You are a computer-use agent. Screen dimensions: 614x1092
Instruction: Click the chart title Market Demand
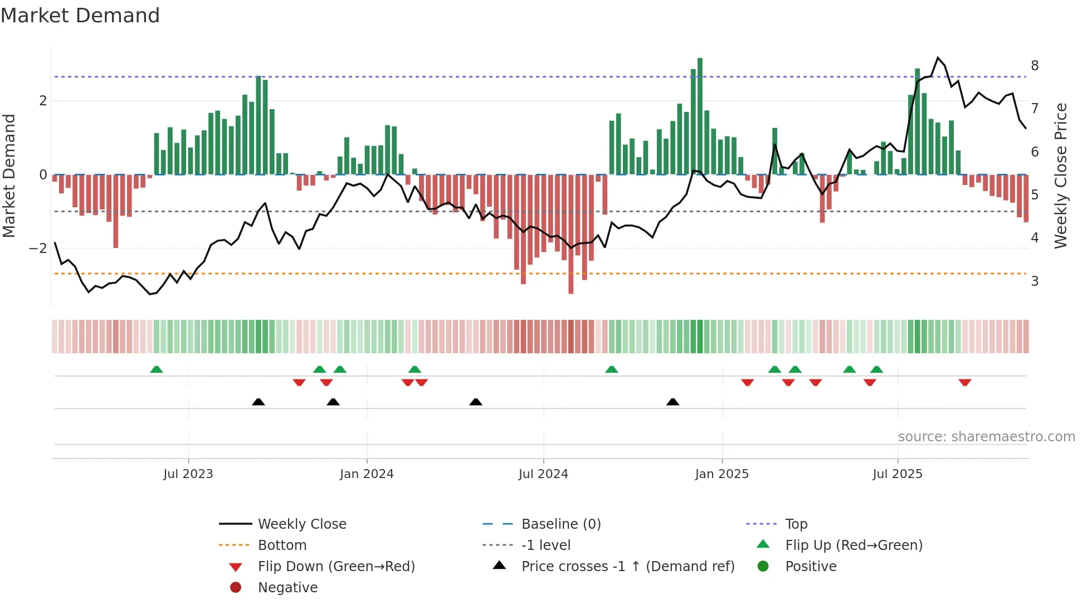80,16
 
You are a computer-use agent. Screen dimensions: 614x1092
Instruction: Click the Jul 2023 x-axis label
188,474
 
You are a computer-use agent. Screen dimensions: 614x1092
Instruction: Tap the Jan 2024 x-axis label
367,474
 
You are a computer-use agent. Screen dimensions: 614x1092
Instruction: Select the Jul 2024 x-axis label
543,474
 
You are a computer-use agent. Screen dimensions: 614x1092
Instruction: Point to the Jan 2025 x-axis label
721,474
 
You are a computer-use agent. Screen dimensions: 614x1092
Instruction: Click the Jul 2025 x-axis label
898,474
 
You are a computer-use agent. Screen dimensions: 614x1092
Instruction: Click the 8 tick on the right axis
1035,66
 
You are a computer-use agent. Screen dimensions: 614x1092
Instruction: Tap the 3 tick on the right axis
1035,281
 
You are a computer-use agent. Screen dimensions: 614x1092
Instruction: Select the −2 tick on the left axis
38,248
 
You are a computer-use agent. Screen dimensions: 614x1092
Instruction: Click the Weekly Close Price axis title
1061,176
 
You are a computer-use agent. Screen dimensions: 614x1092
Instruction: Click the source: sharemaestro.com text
986,437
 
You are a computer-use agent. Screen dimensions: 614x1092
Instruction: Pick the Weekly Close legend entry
301,524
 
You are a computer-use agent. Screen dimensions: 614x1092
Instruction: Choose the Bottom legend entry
282,545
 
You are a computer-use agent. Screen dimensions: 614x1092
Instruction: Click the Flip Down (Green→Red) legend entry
336,567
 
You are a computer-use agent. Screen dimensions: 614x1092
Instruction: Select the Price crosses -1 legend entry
627,567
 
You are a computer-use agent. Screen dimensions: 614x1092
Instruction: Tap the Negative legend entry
287,588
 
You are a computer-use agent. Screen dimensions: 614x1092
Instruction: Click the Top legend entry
796,524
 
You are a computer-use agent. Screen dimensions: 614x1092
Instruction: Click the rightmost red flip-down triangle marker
965,382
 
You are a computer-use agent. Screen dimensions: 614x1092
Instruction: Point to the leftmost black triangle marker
259,402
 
